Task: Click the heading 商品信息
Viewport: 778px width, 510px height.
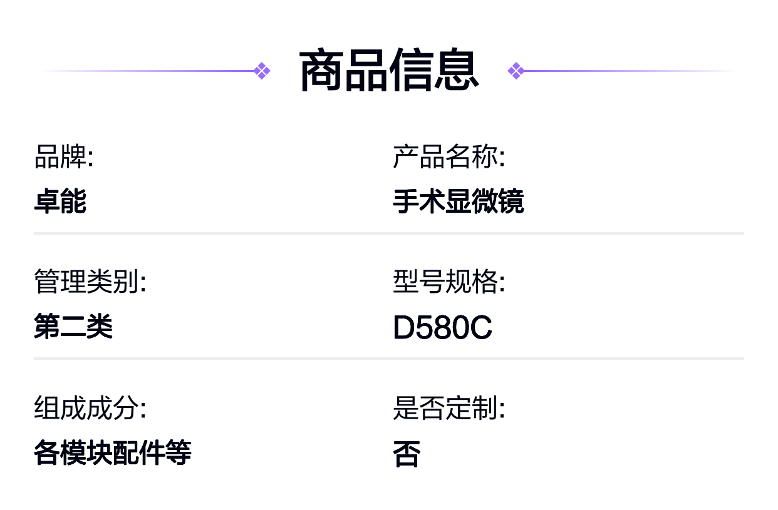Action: [389, 70]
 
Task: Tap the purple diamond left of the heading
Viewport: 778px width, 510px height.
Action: [262, 71]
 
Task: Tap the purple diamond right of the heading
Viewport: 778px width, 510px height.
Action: [516, 71]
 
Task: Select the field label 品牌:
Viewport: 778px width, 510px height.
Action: [64, 156]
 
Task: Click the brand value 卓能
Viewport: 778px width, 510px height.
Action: [60, 201]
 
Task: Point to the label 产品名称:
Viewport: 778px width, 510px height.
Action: [449, 156]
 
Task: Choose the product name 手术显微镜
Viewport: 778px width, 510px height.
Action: [459, 201]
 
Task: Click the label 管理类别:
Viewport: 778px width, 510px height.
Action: [90, 281]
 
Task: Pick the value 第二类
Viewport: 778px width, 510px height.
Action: [73, 325]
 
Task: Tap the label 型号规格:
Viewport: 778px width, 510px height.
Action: [449, 281]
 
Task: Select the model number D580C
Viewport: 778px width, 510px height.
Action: [442, 327]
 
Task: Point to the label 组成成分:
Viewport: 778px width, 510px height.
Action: [90, 407]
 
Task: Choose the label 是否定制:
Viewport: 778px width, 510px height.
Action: [449, 407]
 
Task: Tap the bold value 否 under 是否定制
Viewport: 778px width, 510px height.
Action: [407, 453]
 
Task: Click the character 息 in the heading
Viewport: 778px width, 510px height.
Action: [457, 70]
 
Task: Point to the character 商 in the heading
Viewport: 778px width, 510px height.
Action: [321, 70]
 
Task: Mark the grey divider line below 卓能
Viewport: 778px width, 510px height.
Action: [389, 233]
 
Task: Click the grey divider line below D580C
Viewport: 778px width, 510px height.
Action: [389, 359]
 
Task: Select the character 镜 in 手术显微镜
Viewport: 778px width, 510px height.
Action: [511, 201]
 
